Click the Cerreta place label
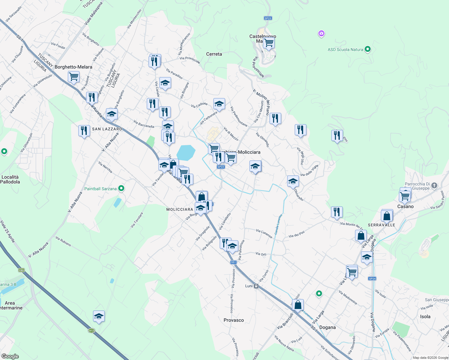[x=214, y=54]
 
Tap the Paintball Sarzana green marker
[x=121, y=188]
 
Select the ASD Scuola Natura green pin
[x=368, y=49]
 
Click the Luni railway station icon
[x=256, y=286]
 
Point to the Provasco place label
[x=234, y=320]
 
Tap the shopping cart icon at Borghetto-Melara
[x=74, y=76]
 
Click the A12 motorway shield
[x=92, y=331]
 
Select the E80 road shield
[x=21, y=270]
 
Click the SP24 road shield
[x=372, y=279]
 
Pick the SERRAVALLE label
[x=381, y=225]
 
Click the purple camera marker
[x=321, y=33]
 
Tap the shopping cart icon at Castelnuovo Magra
[x=269, y=43]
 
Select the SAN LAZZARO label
[x=107, y=129]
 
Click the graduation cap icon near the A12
[x=99, y=316]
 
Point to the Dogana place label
[x=327, y=327]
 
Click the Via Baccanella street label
[x=144, y=124]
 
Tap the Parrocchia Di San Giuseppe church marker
[x=434, y=186]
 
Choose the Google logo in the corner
[x=10, y=356]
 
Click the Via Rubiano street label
[x=63, y=241]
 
